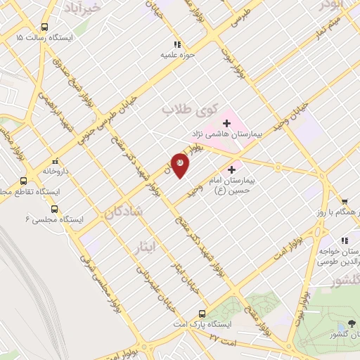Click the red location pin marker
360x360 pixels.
(x=180, y=165)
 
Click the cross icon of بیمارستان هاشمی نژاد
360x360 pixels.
(x=226, y=123)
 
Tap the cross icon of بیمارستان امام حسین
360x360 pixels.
(x=231, y=169)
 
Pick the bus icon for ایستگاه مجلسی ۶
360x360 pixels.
(x=55, y=209)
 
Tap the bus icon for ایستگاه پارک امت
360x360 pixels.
(x=202, y=314)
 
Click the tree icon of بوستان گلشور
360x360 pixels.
(x=349, y=326)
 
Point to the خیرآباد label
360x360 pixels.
(x=103, y=6)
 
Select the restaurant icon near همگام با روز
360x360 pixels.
(x=344, y=200)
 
